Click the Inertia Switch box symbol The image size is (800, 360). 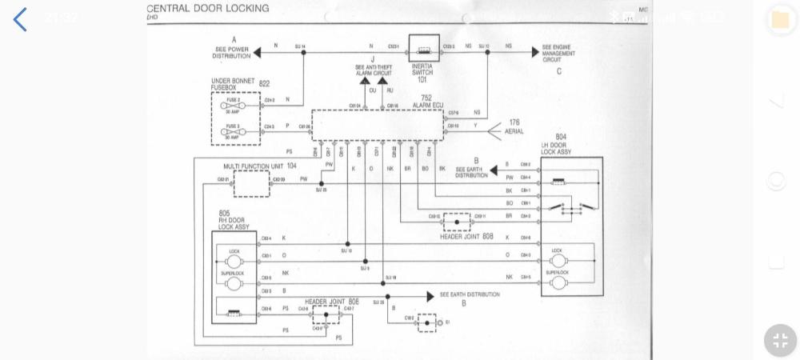click(x=424, y=49)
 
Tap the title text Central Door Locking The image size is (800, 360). click(x=208, y=9)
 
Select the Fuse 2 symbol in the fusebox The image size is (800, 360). click(x=234, y=105)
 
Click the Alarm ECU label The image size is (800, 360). click(x=427, y=105)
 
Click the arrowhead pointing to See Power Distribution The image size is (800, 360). click(x=257, y=53)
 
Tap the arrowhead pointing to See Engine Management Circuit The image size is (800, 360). click(x=534, y=53)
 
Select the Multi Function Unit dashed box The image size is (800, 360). click(x=251, y=183)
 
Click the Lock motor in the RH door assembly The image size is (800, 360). click(x=234, y=261)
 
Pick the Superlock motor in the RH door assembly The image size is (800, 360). click(x=234, y=283)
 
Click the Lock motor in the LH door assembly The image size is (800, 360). click(x=558, y=261)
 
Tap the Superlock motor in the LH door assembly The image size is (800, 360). click(x=558, y=282)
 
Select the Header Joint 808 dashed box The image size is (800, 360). click(x=457, y=222)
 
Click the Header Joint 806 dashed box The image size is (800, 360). click(x=326, y=314)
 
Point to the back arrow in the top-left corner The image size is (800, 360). click(x=20, y=19)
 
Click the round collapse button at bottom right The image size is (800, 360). click(x=780, y=340)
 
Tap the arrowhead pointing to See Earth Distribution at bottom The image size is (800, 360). click(x=430, y=297)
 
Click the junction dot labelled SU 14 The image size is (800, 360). click(x=303, y=53)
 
